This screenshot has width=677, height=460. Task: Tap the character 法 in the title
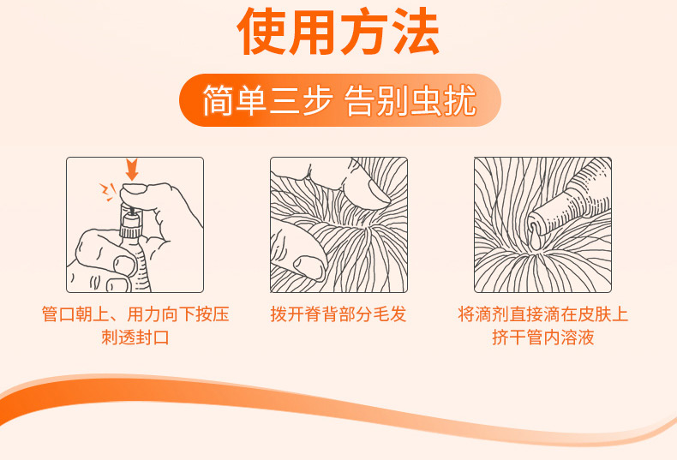point(415,32)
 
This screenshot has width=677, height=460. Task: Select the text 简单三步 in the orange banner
point(267,100)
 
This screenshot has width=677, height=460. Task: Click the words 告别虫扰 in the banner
point(410,100)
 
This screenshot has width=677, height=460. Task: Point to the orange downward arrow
point(132,169)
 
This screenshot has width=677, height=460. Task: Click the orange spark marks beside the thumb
point(108,192)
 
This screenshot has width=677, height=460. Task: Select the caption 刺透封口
point(135,337)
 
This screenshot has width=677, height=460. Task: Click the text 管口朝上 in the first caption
point(75,314)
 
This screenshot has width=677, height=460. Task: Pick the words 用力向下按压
point(178,314)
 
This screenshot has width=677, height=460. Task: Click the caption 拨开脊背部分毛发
point(338,314)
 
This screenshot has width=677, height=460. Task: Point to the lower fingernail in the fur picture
point(310,267)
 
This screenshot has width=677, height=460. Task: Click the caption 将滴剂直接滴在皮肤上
point(542,314)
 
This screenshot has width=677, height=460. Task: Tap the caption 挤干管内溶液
point(542,337)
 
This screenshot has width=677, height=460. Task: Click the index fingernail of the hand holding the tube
point(125,266)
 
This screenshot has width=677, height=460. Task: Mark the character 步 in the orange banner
point(315,100)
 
